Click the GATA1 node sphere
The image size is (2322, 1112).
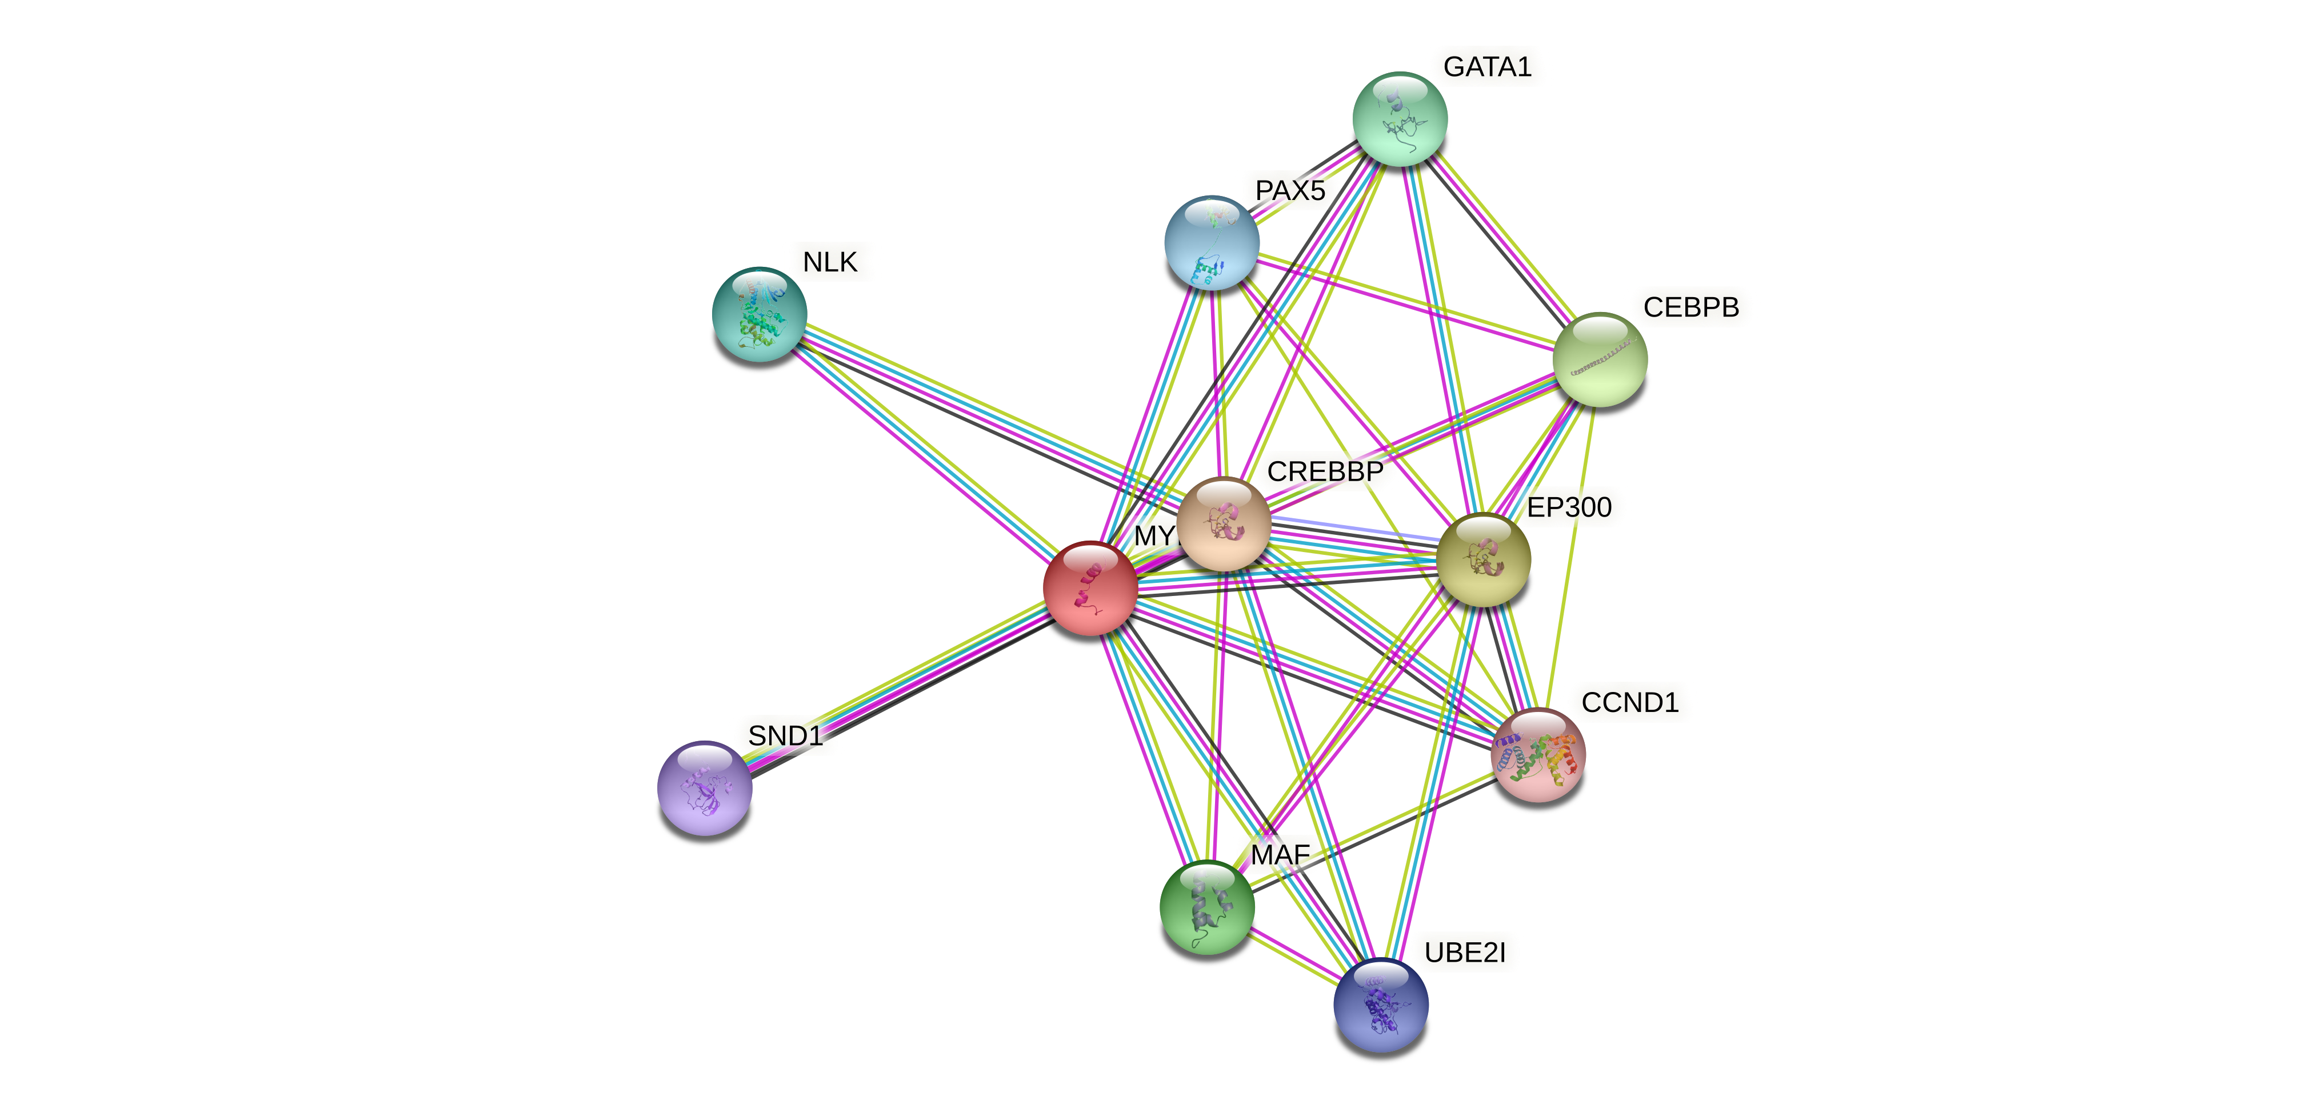tap(1400, 119)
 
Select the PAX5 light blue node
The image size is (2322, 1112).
tap(1212, 242)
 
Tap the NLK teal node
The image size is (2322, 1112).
tap(759, 314)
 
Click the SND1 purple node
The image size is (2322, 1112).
tap(705, 787)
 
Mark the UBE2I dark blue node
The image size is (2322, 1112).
tap(1381, 1004)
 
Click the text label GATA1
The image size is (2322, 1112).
tap(1487, 67)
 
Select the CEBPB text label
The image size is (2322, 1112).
tap(1691, 307)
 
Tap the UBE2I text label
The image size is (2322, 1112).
tap(1465, 953)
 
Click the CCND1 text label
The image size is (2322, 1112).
tap(1630, 702)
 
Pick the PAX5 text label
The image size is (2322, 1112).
tap(1290, 191)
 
